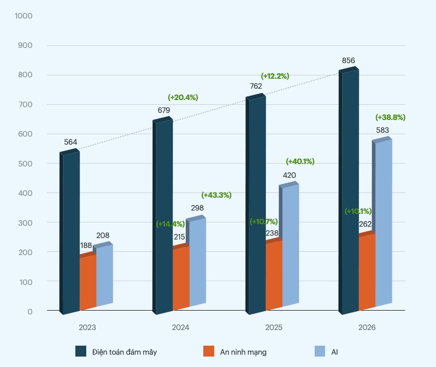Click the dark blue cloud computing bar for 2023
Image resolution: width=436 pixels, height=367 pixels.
pos(71,232)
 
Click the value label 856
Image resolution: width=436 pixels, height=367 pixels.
pos(348,61)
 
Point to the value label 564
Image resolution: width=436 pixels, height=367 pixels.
pos(71,142)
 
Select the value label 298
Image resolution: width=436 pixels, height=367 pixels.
pos(197,208)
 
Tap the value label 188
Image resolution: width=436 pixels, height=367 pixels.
pos(87,245)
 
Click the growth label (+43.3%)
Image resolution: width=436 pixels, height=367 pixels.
pos(216,195)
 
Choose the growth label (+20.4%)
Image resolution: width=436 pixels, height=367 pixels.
pos(183,97)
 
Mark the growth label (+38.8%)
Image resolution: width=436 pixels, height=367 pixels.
pos(390,117)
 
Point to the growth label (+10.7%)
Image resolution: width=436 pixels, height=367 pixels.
pos(263,221)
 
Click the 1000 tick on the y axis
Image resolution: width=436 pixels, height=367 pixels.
pos(23,16)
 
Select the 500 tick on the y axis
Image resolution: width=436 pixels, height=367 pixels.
pos(26,164)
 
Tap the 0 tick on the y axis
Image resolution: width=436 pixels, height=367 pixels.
pos(30,311)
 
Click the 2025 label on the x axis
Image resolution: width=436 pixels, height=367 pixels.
pos(274,328)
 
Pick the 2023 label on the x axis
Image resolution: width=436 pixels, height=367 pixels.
pos(87,328)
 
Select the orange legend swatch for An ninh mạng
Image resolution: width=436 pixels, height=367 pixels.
pos(209,351)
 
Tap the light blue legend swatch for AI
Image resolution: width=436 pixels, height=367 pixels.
pos(320,351)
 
